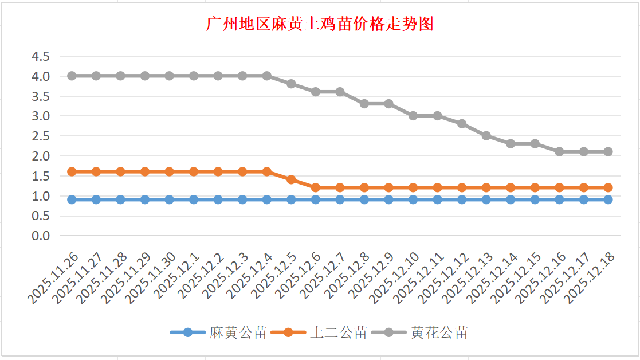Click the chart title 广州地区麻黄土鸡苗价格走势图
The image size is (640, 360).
[x=320, y=25]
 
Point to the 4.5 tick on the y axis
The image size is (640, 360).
[x=41, y=56]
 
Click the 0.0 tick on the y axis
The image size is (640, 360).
[x=41, y=236]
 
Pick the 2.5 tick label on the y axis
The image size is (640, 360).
[x=41, y=136]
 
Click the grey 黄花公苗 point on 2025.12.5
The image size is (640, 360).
[x=291, y=84]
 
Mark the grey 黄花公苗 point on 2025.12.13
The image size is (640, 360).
[x=486, y=136]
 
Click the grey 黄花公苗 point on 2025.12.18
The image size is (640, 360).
[x=608, y=152]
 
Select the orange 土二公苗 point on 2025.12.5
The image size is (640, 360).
[x=291, y=179]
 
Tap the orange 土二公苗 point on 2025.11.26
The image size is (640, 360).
[x=72, y=171]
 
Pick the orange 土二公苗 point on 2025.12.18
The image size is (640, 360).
[x=608, y=187]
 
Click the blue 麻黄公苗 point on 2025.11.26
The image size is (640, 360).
[x=72, y=199]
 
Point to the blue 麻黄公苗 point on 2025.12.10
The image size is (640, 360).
[x=413, y=199]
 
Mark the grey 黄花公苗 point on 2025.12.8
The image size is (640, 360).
[x=364, y=104]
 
